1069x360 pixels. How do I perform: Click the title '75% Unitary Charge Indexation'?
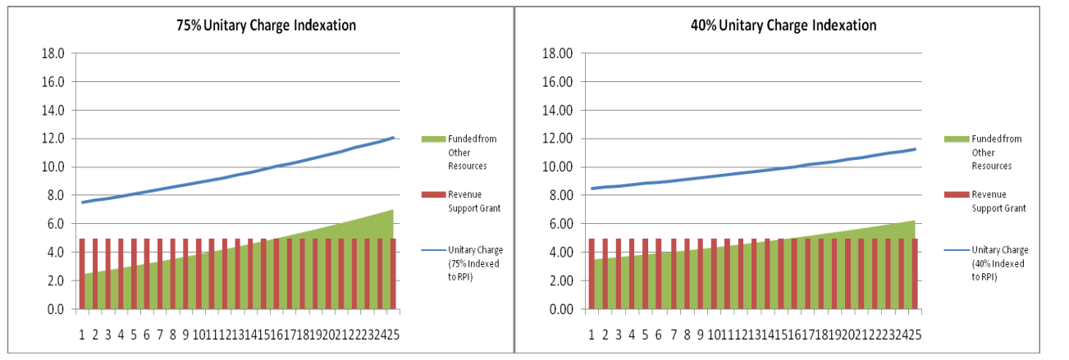tap(267, 25)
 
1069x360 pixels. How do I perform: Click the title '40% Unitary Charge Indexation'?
tap(783, 25)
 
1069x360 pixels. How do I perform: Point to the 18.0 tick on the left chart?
tap(53, 53)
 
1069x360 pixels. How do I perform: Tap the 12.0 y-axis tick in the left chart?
tap(53, 139)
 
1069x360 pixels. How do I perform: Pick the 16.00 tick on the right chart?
tap(563, 82)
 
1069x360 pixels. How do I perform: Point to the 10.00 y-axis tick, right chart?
tap(563, 167)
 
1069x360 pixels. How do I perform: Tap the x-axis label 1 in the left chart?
tap(82, 335)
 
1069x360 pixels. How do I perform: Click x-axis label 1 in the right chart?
tap(592, 335)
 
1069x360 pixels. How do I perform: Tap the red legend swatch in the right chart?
tap(954, 194)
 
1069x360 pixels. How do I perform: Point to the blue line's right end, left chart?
tap(394, 138)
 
